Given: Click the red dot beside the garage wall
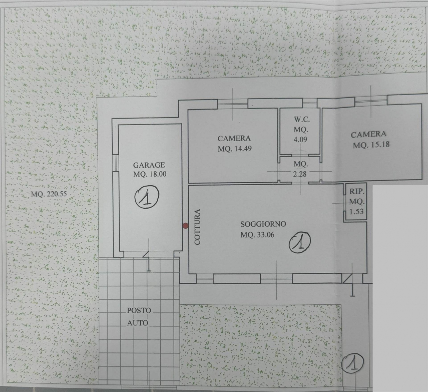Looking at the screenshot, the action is (185, 226).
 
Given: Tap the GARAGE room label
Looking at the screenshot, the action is (149, 165).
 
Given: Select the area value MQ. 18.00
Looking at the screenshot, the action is (150, 174).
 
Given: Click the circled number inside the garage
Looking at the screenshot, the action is (147, 197).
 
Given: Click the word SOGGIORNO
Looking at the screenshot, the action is (263, 224).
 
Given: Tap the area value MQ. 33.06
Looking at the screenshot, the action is (257, 235).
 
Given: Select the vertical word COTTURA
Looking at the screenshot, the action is (197, 227).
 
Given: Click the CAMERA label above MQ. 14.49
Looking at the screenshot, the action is (234, 138).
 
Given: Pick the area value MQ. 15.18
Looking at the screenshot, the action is (371, 145).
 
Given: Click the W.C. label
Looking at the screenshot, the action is (302, 120).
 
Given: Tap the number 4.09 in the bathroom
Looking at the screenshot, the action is (300, 139).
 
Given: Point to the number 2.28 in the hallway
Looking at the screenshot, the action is (300, 174).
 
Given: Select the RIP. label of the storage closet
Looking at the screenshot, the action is (357, 191).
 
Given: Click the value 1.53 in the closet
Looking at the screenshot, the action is (356, 211).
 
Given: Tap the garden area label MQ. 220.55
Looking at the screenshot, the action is (49, 194).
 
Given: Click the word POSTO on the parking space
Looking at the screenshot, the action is (139, 310).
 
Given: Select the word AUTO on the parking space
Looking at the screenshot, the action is (138, 323).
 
